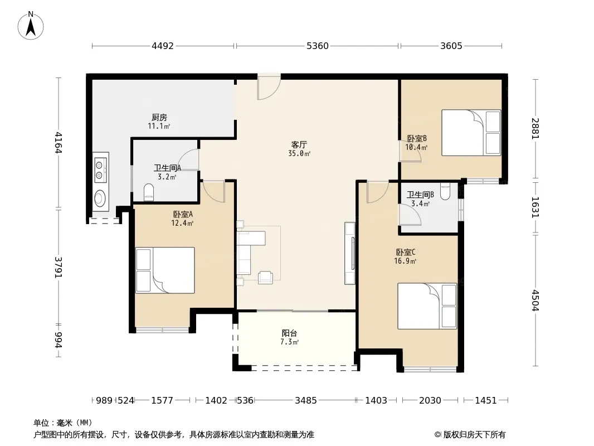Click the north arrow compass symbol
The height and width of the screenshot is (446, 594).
31,26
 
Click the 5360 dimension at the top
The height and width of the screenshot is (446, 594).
318,46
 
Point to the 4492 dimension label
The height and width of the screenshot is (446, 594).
163,46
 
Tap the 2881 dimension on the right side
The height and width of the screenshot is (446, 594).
535,128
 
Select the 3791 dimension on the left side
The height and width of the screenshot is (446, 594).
59,268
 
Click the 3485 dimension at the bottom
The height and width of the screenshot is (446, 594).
306,400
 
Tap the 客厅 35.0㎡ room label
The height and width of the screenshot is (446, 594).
299,148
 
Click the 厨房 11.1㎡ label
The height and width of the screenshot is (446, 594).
159,122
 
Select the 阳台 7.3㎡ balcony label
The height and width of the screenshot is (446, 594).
289,337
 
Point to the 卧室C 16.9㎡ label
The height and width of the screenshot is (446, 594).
405,256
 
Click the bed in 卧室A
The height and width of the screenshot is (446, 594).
165,270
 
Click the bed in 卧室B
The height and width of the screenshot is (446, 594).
471,133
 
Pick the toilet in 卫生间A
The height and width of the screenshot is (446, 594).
149,192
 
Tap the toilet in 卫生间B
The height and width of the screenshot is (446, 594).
445,191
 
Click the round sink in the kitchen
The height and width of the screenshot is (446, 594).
100,198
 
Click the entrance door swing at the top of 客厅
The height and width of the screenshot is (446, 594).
269,87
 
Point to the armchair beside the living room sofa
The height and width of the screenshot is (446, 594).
265,278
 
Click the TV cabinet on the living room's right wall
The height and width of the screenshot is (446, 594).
349,253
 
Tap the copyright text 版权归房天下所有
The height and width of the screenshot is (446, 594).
474,435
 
